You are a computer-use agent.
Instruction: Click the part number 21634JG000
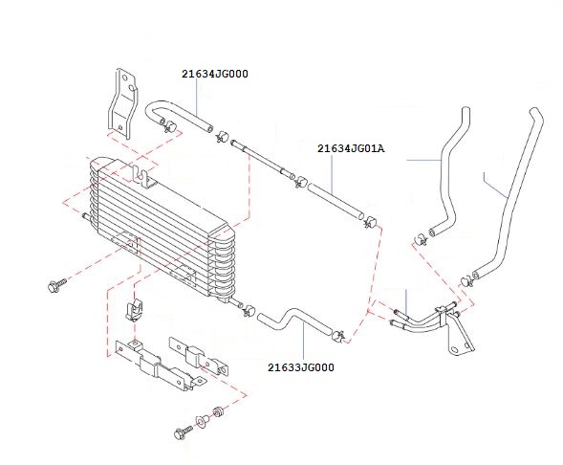tap(215, 74)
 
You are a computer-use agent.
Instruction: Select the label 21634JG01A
tap(351, 148)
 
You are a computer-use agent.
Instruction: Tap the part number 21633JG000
tap(301, 367)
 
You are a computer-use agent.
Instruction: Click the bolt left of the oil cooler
tap(56, 285)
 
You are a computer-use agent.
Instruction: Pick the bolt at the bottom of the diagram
tap(183, 432)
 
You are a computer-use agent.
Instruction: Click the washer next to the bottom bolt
tap(202, 420)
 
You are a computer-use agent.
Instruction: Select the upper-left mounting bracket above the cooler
tap(122, 103)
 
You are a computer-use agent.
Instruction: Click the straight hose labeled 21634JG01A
tap(336, 201)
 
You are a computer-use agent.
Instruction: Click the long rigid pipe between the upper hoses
tap(263, 159)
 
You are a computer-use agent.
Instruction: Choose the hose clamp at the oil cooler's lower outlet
tap(249, 310)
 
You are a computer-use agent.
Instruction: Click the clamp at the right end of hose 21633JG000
tap(338, 336)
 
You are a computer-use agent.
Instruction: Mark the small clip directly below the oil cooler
tap(134, 309)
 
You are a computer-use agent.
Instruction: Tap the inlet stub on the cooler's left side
tap(86, 216)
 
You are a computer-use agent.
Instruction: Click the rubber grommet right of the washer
tap(218, 411)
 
